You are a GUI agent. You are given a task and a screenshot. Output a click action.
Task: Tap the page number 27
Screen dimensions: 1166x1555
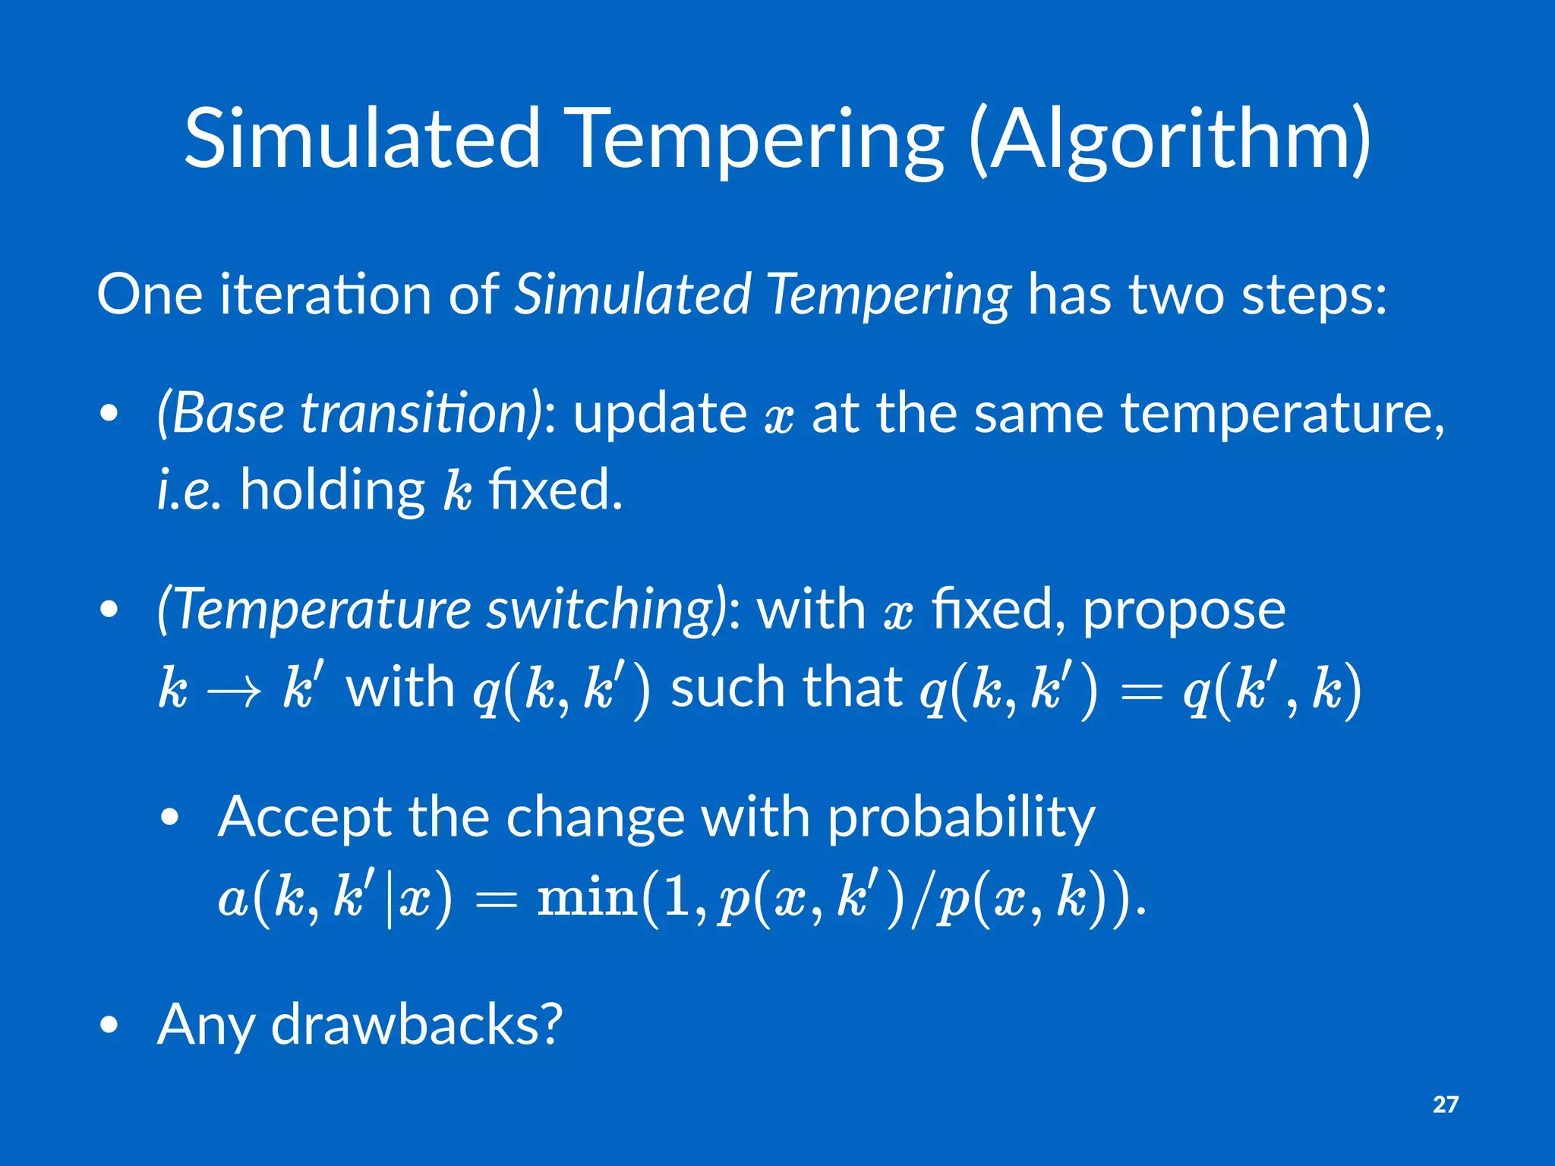[1445, 1104]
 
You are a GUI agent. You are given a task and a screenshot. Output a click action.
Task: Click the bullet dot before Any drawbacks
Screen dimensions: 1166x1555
[109, 1026]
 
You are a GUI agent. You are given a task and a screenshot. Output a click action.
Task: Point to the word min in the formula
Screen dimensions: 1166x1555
[586, 897]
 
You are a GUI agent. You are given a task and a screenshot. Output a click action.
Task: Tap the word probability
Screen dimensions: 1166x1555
[961, 818]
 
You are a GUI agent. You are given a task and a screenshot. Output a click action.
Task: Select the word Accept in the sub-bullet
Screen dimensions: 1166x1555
[304, 818]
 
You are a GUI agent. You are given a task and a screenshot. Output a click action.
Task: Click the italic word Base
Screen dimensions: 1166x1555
[224, 414]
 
